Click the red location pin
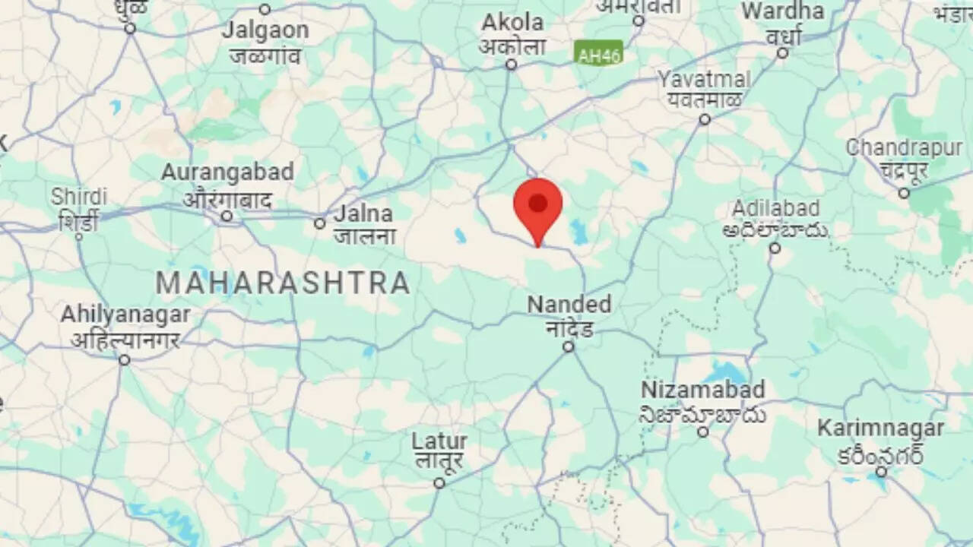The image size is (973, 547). pyautogui.click(x=538, y=205)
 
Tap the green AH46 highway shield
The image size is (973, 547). pyautogui.click(x=599, y=55)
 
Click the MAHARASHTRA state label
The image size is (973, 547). pyautogui.click(x=283, y=283)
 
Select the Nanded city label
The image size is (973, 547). pyautogui.click(x=569, y=305)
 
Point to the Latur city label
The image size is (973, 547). pyautogui.click(x=439, y=441)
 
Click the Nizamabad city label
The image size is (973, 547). pyautogui.click(x=702, y=390)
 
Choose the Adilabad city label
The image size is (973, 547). pyautogui.click(x=775, y=209)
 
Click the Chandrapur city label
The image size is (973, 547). pyautogui.click(x=904, y=148)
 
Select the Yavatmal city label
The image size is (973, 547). pyautogui.click(x=705, y=80)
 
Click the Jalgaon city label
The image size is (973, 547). pyautogui.click(x=265, y=31)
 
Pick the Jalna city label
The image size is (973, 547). pyautogui.click(x=364, y=213)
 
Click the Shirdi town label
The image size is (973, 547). pyautogui.click(x=79, y=197)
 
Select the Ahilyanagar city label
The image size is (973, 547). pyautogui.click(x=125, y=315)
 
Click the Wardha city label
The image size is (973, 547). pyautogui.click(x=783, y=12)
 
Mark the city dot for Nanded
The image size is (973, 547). pyautogui.click(x=568, y=346)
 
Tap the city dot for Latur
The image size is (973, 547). pyautogui.click(x=439, y=483)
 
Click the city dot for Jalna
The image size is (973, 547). pyautogui.click(x=320, y=223)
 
